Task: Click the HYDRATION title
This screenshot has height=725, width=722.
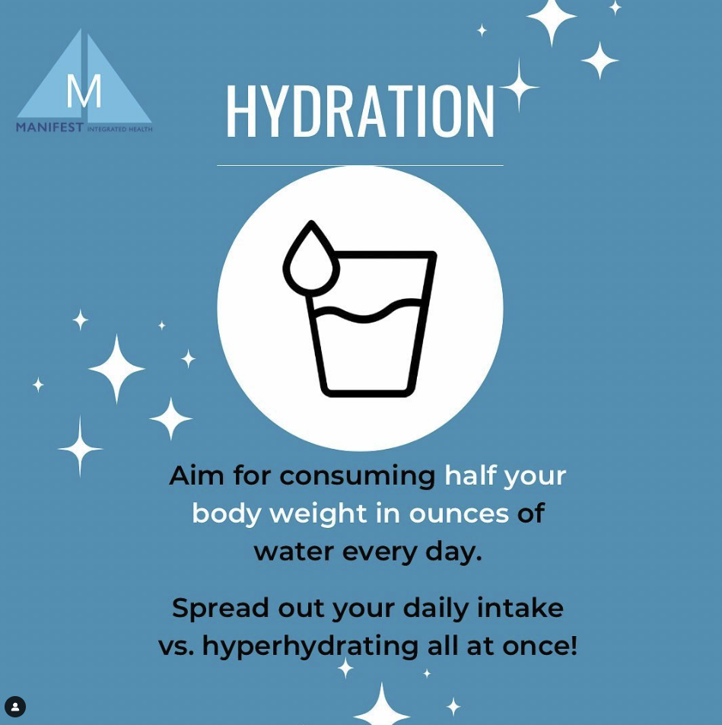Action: tap(359, 111)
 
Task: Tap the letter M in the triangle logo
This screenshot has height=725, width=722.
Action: tap(84, 92)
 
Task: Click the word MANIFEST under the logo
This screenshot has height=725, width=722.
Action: tap(49, 128)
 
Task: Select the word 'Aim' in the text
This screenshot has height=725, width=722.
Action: tap(196, 475)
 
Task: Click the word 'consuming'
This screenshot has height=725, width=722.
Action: tap(357, 475)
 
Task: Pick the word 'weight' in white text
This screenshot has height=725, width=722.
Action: tap(318, 513)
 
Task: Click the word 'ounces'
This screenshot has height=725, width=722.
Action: tap(459, 513)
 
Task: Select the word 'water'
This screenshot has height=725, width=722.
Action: tap(294, 551)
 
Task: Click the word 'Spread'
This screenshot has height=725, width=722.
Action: tap(220, 608)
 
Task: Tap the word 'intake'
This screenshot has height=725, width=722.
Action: tap(520, 608)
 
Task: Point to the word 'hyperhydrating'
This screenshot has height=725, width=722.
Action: tap(310, 646)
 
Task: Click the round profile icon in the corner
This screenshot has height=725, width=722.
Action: tap(15, 707)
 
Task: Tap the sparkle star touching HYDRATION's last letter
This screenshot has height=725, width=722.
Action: tap(519, 86)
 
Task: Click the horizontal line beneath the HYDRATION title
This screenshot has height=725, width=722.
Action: tap(359, 165)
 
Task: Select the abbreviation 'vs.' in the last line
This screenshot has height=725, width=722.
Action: tap(176, 646)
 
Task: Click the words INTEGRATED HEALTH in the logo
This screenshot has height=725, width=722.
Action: tap(119, 129)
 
